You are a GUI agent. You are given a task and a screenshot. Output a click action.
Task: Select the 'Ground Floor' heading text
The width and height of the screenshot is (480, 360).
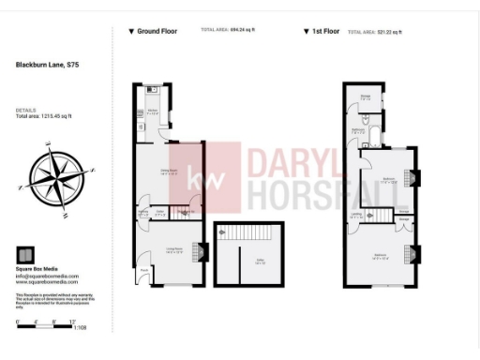point(155,31)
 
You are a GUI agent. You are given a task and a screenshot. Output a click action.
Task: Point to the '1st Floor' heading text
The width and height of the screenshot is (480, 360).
point(324,31)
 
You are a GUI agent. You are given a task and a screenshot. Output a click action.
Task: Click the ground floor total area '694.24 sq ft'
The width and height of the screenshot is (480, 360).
point(241,30)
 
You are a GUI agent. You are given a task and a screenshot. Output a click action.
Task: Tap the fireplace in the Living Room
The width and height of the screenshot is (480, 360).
point(199,251)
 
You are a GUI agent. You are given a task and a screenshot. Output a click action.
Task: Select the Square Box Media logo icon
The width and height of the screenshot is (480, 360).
point(25,254)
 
